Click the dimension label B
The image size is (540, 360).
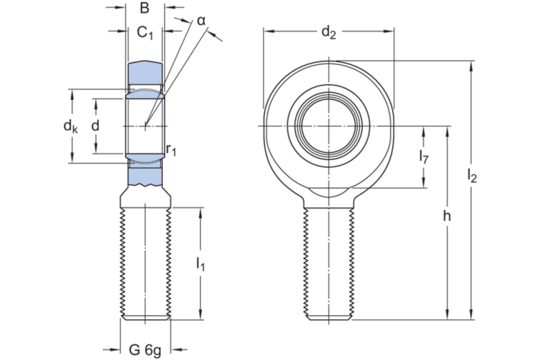click(144, 9)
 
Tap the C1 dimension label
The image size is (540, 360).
click(146, 32)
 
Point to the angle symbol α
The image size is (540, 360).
click(201, 20)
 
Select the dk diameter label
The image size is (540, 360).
click(70, 126)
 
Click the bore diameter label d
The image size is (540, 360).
click(95, 126)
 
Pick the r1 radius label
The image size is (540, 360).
click(171, 149)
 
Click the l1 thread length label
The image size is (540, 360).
click(201, 264)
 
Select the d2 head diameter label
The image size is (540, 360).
click(328, 31)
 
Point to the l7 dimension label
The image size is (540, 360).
click(424, 159)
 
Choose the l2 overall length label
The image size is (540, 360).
click(471, 175)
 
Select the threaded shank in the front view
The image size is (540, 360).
click(329, 264)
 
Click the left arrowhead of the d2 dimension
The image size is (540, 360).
click(266, 31)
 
